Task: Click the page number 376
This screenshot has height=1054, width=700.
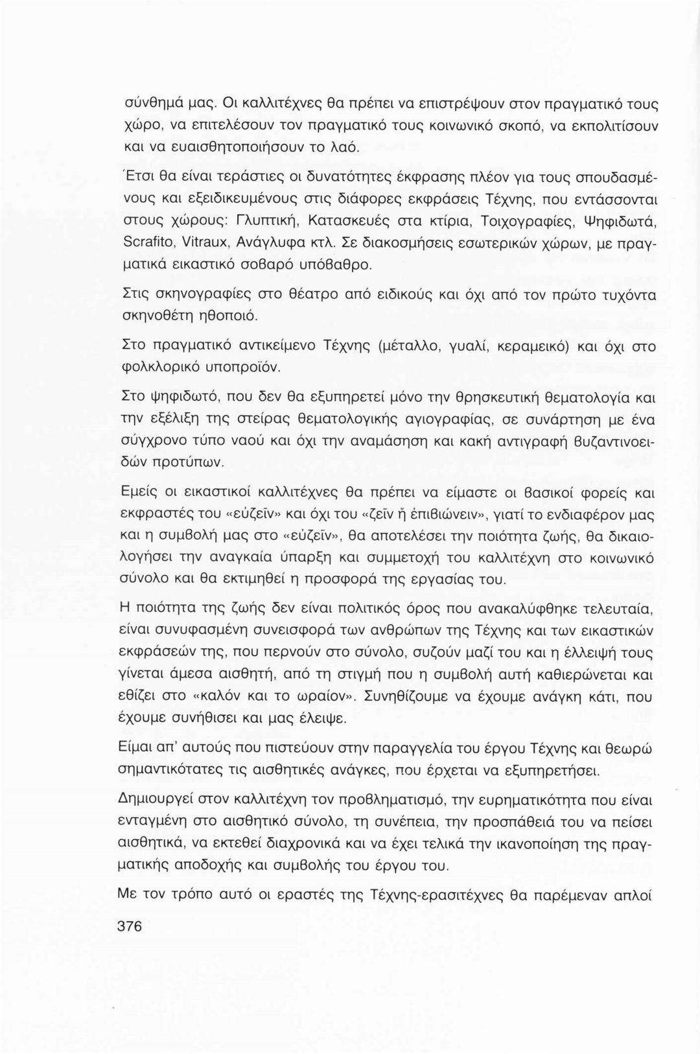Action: tap(127, 925)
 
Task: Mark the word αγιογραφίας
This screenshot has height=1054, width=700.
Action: tap(448, 421)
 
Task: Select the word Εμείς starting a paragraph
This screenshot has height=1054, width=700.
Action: tap(139, 493)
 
